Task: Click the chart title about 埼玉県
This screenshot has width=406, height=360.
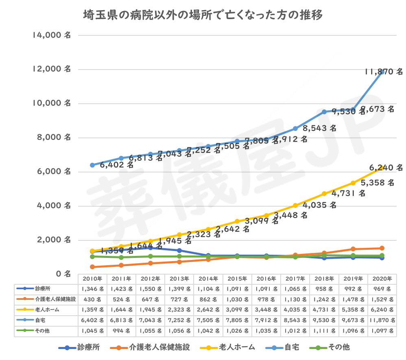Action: (203, 16)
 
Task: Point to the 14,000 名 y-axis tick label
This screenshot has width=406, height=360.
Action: (51, 35)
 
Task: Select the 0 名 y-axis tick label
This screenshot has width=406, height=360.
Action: (63, 274)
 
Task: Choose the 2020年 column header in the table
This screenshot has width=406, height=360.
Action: (382, 279)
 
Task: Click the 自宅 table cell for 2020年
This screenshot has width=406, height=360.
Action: (382, 320)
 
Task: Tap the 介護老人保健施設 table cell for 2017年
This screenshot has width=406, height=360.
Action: (295, 299)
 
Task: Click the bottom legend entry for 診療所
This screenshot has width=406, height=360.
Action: (79, 347)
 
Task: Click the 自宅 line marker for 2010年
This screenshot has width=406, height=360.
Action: (92, 165)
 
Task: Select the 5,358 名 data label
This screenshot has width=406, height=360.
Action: (380, 183)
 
